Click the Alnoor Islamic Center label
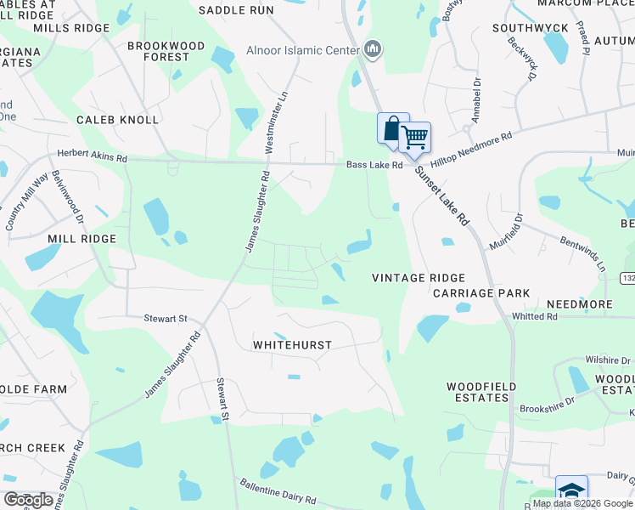[302, 50]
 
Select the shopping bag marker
[391, 129]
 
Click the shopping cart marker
[414, 137]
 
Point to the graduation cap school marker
[571, 491]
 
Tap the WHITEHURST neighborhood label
[291, 345]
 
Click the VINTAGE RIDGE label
[419, 278]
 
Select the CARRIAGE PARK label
[481, 293]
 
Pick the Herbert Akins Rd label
[92, 157]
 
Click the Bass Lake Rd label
[374, 165]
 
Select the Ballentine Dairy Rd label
[277, 493]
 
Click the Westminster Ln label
[276, 122]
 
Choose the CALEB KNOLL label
[117, 120]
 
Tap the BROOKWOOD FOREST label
[166, 51]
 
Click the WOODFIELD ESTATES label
[481, 392]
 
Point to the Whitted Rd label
[534, 316]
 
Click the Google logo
[28, 500]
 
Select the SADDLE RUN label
[236, 10]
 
